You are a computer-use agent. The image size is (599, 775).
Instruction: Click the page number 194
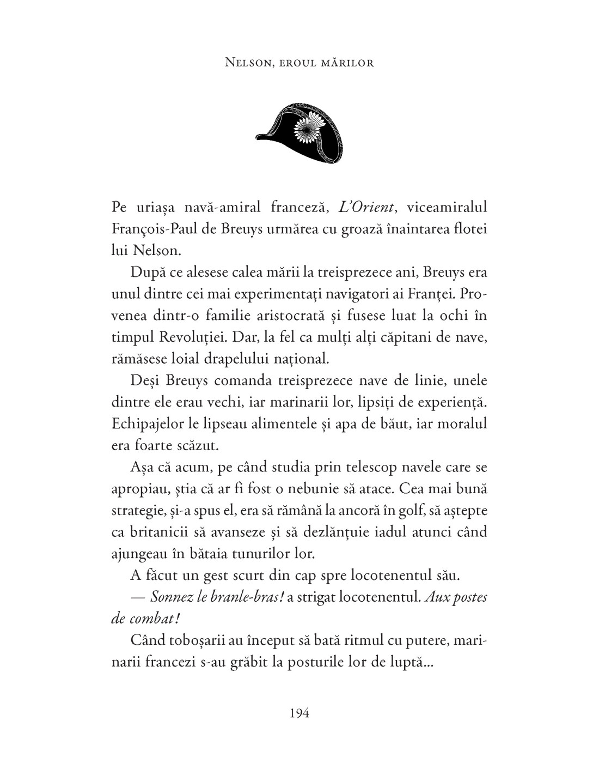[x=299, y=712]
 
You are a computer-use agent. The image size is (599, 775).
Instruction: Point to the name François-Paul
[x=150, y=229]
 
